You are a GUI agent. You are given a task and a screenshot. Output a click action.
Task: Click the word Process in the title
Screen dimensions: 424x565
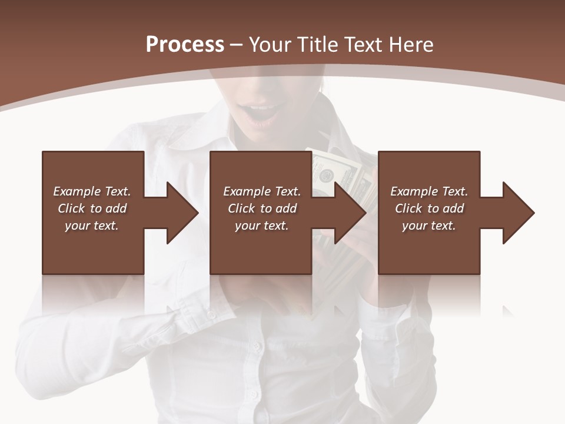coord(185,45)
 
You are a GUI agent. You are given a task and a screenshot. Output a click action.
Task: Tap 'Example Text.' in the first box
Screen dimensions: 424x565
coord(92,191)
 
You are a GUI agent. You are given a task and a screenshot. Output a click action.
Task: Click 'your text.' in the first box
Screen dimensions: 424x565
coord(92,226)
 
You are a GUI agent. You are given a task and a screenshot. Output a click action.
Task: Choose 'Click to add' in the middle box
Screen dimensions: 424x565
coord(262,208)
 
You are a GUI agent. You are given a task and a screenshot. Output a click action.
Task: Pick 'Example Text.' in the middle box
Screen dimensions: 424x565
coord(262,191)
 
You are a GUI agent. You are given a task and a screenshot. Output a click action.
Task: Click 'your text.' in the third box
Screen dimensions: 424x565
coord(429,226)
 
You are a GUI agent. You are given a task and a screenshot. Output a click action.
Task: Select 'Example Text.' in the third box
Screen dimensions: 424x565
coord(429,191)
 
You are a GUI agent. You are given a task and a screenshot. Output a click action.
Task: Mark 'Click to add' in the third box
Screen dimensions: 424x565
coord(429,208)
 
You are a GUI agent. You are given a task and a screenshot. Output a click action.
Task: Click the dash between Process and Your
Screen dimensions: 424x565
coord(237,45)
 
